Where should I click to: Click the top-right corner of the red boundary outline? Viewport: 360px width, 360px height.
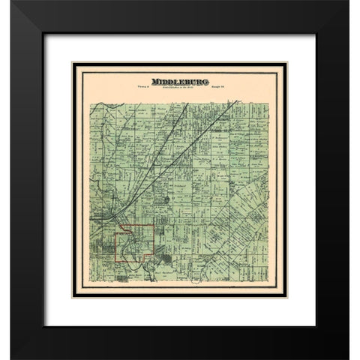154,224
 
